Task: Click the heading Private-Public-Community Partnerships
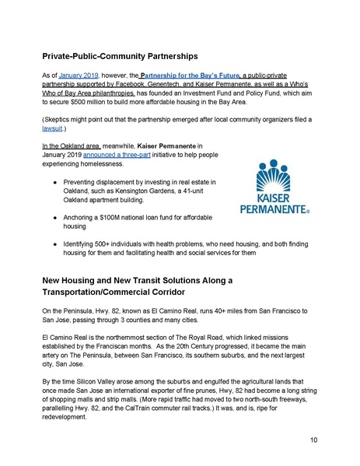click(134, 57)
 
